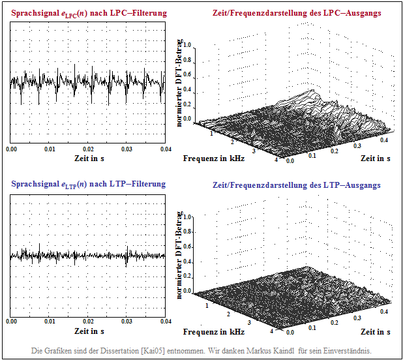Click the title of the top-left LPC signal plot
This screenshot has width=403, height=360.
(89, 13)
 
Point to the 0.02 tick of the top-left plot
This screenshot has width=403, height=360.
(88, 149)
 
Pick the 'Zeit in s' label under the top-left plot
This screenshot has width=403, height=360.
(88, 158)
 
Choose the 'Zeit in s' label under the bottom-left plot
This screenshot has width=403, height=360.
(88, 331)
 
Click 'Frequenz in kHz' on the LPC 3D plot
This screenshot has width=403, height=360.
(214, 158)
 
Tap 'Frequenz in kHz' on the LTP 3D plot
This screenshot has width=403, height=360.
(214, 331)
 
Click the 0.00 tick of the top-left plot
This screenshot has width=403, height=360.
(12, 149)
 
